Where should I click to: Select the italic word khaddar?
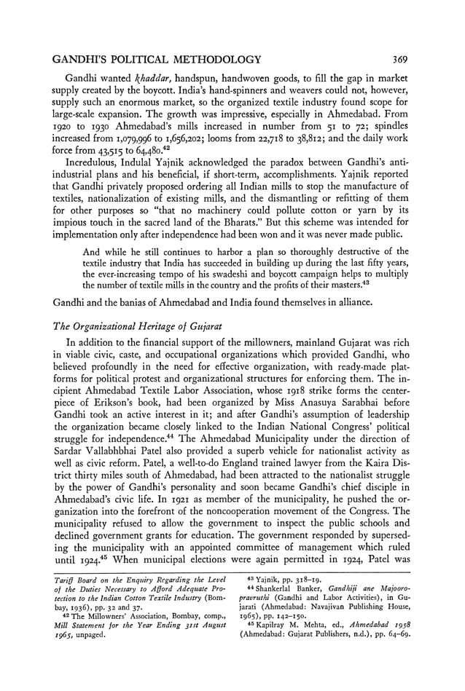pos(173,77)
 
